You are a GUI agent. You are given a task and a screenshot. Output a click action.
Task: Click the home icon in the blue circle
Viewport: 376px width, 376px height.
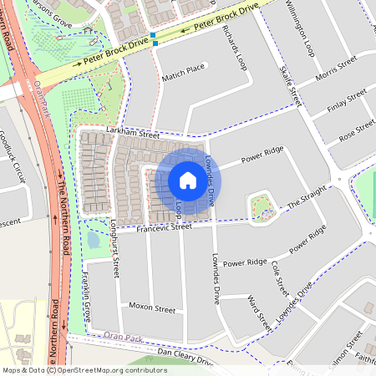point(188,180)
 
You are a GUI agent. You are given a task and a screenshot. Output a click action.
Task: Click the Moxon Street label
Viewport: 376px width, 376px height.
point(152,307)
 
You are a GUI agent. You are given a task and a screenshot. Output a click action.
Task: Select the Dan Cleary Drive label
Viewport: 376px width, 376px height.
point(185,357)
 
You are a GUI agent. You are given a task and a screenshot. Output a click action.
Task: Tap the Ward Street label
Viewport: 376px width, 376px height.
point(260,311)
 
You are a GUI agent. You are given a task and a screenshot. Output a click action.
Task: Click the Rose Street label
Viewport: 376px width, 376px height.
point(357,128)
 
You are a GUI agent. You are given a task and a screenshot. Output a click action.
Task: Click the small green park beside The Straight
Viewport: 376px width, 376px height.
point(262,207)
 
